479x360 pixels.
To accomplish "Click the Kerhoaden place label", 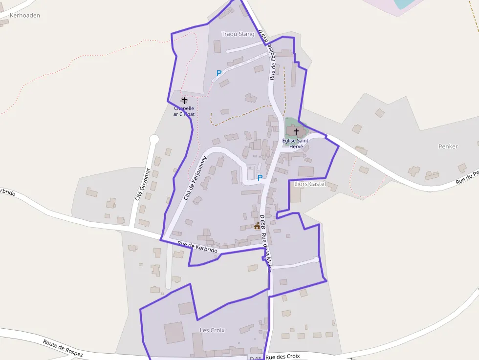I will [24, 16].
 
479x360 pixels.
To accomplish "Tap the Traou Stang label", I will [238, 34].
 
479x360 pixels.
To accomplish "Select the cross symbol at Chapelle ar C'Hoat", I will [184, 100].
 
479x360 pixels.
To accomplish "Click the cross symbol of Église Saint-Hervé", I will [295, 131].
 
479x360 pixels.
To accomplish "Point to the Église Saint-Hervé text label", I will [296, 143].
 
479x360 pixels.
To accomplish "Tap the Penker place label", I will [448, 147].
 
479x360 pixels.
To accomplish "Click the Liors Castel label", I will [309, 184].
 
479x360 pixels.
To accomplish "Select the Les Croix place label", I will [212, 330].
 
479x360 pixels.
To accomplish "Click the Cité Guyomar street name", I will [142, 185].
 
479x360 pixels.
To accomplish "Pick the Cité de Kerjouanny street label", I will [196, 178].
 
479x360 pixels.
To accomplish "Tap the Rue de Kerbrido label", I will [197, 247].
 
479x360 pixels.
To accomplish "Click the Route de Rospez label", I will [63, 348].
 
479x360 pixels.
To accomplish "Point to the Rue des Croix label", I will [283, 357].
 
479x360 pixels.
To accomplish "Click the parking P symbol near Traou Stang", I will [219, 73].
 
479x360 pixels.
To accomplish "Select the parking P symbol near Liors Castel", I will [260, 178].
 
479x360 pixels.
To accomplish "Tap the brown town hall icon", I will [257, 226].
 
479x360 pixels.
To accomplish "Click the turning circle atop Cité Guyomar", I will [154, 140].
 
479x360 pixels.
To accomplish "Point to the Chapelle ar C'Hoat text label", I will [184, 111].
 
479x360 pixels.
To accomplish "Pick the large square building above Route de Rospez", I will [174, 333].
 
